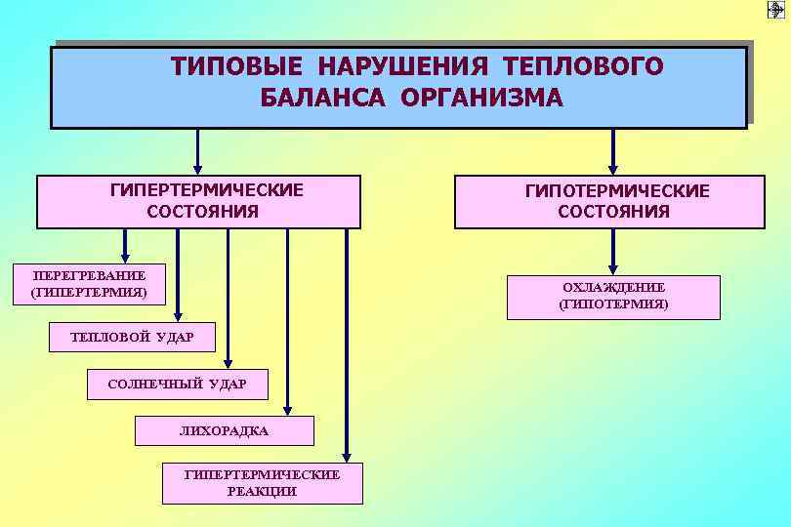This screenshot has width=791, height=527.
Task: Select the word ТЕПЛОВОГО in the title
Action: (x=583, y=66)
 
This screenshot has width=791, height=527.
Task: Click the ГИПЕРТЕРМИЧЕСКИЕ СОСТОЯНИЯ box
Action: (x=199, y=201)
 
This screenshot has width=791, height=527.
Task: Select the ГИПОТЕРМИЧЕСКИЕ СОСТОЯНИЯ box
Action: (x=609, y=202)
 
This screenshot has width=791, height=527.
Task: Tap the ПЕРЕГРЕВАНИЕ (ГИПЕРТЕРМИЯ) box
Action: (x=89, y=283)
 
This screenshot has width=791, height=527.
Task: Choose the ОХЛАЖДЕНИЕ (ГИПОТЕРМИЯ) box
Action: (x=613, y=297)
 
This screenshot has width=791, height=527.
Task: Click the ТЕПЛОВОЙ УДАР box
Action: (x=132, y=337)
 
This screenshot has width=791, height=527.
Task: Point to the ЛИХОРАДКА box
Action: (x=224, y=430)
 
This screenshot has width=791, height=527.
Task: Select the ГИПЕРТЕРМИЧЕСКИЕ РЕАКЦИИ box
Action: (x=262, y=483)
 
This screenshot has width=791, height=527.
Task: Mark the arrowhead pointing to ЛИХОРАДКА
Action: (x=287, y=410)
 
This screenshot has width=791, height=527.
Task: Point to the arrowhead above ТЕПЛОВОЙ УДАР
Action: (x=178, y=315)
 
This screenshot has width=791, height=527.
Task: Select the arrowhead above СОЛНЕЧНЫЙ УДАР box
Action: (x=228, y=362)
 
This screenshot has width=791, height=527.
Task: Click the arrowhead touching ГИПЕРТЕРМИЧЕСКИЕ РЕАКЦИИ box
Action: (x=347, y=456)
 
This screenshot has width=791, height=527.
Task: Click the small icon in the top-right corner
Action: (x=775, y=9)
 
